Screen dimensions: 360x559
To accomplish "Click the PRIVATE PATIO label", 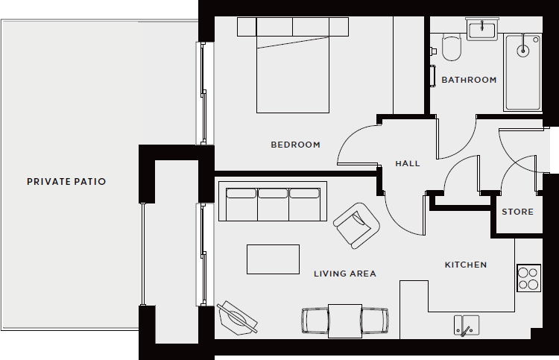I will [66, 181].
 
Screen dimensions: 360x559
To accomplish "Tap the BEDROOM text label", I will [295, 145].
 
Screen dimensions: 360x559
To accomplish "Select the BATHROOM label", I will [469, 80].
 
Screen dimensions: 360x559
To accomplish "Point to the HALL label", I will [408, 163].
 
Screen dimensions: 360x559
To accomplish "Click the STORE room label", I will [517, 212].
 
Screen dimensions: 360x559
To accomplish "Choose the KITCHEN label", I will [466, 265].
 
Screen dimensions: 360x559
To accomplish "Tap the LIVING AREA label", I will [345, 274].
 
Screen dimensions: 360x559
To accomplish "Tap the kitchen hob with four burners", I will [528, 278].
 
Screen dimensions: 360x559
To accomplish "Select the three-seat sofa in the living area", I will [273, 203].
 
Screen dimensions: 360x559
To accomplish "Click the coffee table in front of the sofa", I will [273, 259].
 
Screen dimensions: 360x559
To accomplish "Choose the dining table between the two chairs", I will [345, 320].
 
